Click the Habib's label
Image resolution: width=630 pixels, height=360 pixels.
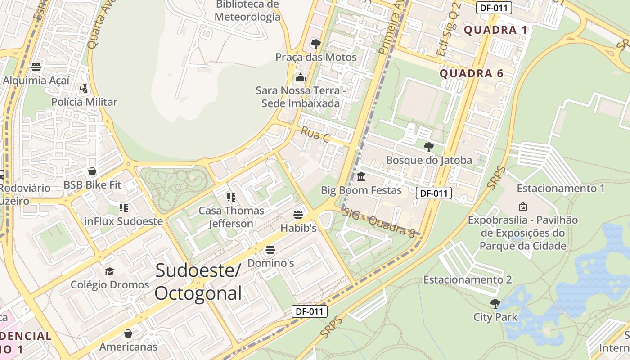[298, 228]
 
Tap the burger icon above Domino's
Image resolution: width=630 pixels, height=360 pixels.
[270, 249]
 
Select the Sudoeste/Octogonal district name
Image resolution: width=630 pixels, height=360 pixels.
[198, 282]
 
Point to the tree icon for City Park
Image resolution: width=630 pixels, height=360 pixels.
[495, 304]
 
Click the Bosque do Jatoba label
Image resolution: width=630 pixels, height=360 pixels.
[429, 160]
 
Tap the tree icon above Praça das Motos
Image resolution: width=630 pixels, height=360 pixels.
[316, 44]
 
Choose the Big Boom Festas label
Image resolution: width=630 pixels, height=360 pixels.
[361, 190]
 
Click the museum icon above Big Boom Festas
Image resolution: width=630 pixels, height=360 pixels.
[361, 177]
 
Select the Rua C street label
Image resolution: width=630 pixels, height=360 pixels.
[315, 135]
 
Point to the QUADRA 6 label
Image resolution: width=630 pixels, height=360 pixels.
[471, 74]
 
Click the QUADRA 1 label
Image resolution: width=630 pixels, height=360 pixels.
[495, 30]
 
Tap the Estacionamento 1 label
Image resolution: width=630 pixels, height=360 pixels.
[560, 189]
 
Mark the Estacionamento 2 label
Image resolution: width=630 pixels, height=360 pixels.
[467, 280]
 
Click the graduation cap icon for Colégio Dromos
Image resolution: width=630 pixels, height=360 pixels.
[109, 271]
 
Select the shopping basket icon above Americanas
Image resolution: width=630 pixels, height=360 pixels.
[128, 333]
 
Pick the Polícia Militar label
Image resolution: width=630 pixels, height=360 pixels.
[84, 102]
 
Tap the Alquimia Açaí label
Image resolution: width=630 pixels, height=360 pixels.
[36, 81]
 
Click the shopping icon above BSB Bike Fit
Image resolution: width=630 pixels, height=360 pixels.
[92, 171]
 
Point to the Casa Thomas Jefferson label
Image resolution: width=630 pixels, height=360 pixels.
[231, 217]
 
